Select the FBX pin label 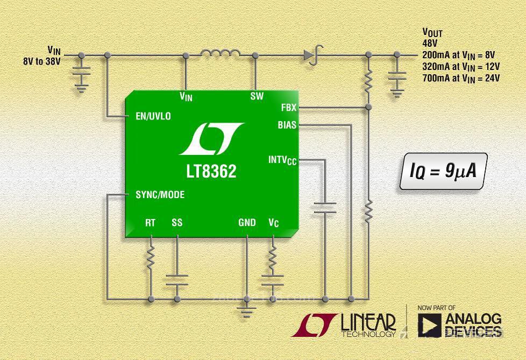[x=288, y=108]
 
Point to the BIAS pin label [x=287, y=125]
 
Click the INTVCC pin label [x=282, y=160]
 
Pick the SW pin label [x=257, y=96]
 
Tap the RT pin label [x=151, y=222]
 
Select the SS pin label [x=177, y=222]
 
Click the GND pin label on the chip [x=247, y=222]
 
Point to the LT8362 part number [x=208, y=172]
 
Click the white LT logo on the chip [x=211, y=138]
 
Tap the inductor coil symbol [x=221, y=53]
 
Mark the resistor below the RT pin [x=151, y=258]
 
